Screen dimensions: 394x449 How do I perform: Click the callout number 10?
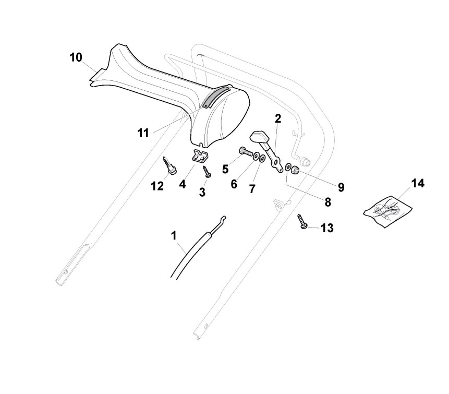pos(76,57)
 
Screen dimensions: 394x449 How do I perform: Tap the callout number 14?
pos(418,184)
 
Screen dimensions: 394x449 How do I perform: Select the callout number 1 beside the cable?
pos(174,236)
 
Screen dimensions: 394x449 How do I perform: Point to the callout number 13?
pos(326,228)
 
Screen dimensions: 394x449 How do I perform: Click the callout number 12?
pos(157,186)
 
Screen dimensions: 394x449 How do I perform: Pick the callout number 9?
pos(341,186)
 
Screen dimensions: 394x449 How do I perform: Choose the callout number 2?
pos(278,118)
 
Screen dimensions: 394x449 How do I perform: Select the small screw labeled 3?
pos(207,171)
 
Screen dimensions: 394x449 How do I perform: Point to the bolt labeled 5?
pos(245,152)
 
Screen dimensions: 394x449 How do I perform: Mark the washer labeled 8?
pos(288,168)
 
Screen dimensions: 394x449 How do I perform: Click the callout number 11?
pos(143,133)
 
